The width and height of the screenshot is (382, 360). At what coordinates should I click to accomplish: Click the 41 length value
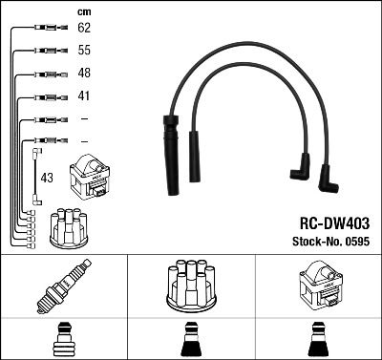84,96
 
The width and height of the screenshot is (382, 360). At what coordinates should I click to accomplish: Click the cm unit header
83,11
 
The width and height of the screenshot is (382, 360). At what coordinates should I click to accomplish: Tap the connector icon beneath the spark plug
63,340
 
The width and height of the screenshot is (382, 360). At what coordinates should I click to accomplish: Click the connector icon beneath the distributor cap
190,340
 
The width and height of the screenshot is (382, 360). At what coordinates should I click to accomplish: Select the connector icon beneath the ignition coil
317,340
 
